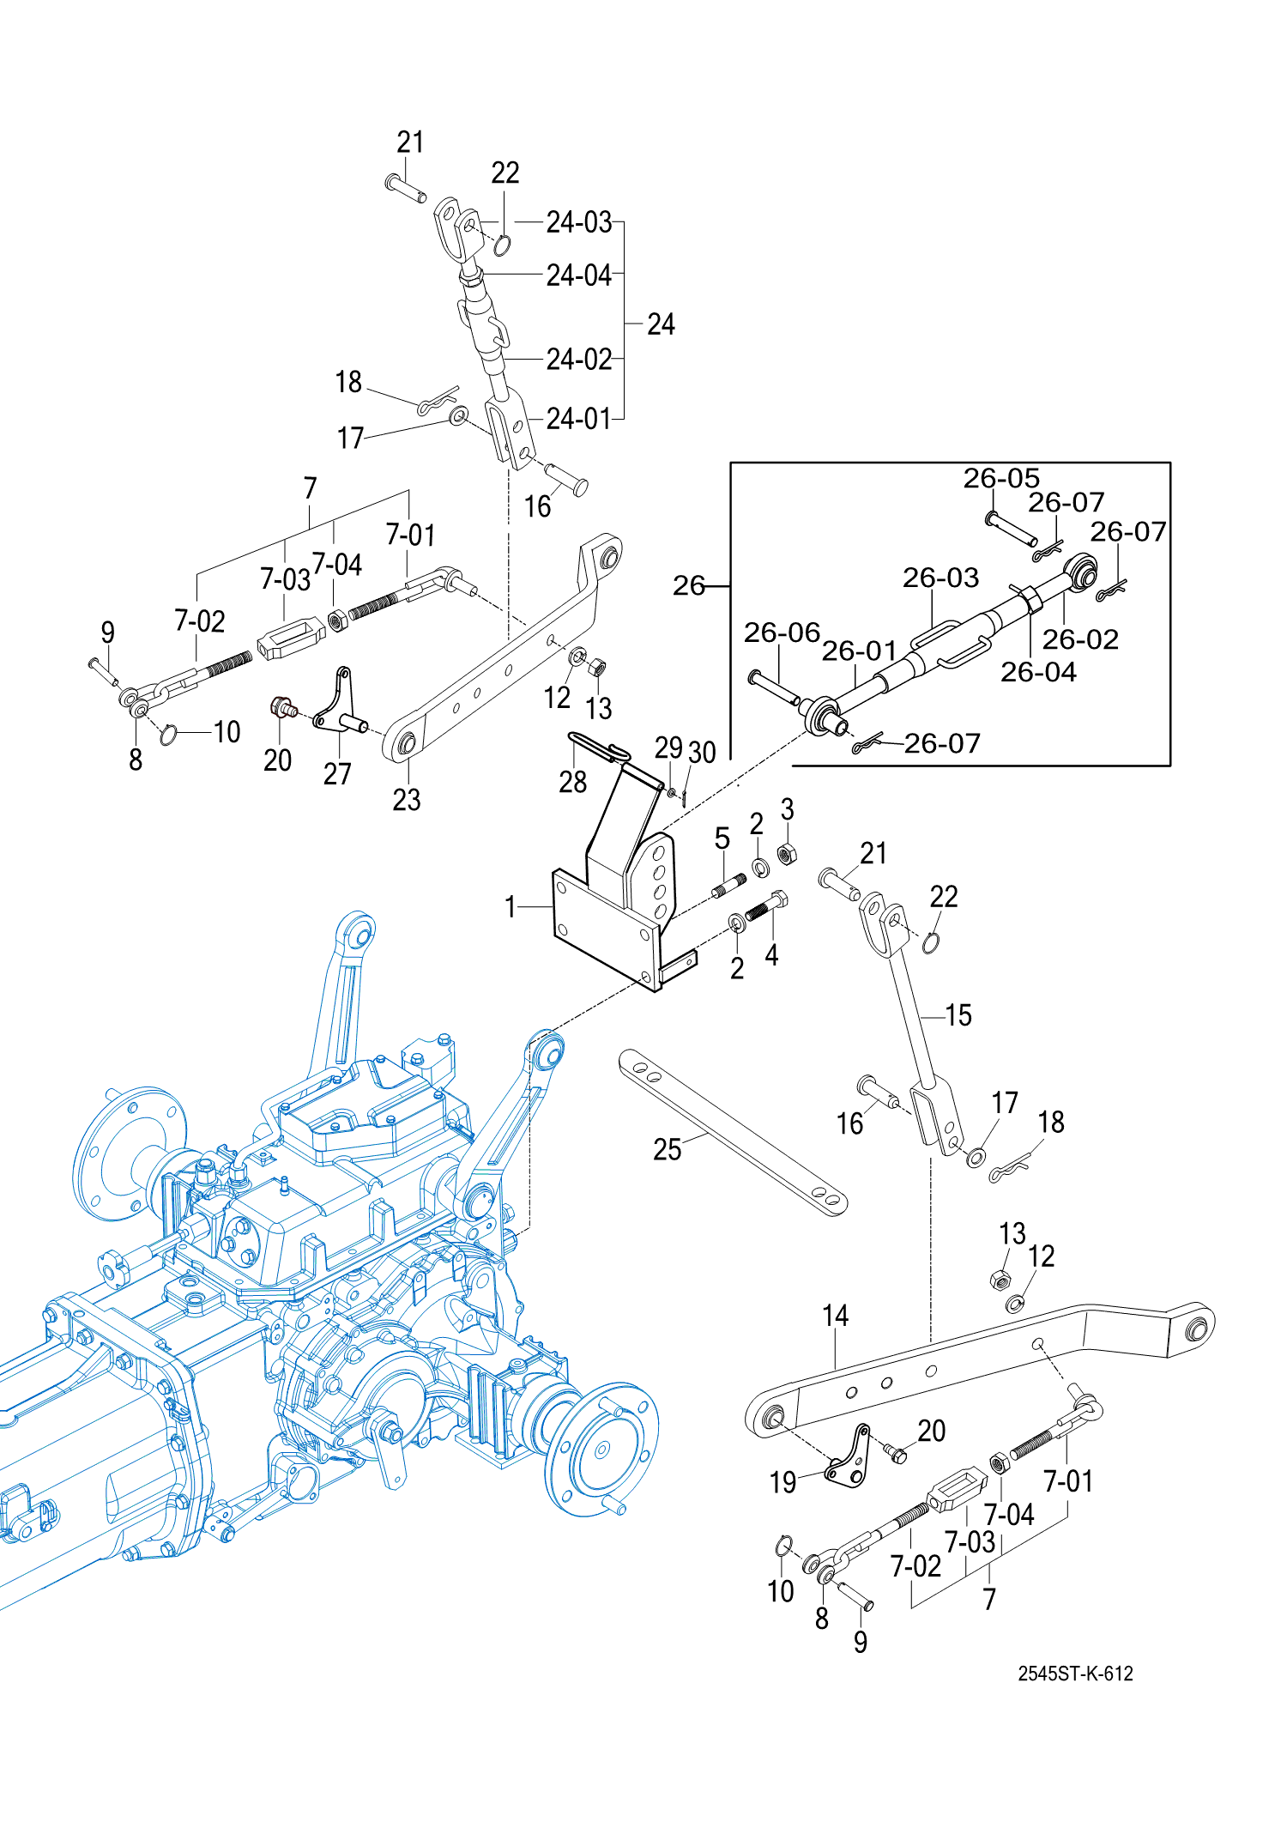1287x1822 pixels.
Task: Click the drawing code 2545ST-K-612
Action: pyautogui.click(x=1075, y=1674)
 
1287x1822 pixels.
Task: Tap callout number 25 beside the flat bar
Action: pyautogui.click(x=667, y=1149)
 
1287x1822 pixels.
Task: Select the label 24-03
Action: pyautogui.click(x=579, y=222)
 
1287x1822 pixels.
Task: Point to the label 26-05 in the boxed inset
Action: pyautogui.click(x=1000, y=478)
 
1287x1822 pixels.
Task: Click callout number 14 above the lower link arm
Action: pyautogui.click(x=835, y=1316)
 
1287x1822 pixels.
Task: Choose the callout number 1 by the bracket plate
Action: pyautogui.click(x=511, y=906)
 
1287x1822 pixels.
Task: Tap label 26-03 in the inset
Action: pyautogui.click(x=940, y=578)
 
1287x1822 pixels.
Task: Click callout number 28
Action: pyautogui.click(x=572, y=782)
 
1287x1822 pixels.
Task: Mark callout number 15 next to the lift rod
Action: pyautogui.click(x=958, y=1015)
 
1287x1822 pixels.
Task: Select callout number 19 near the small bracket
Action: pyautogui.click(x=782, y=1482)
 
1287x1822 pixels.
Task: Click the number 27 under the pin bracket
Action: pyautogui.click(x=337, y=774)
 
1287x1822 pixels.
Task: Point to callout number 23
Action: pyautogui.click(x=407, y=800)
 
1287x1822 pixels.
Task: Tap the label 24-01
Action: pyautogui.click(x=579, y=419)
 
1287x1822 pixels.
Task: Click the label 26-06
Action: pyautogui.click(x=782, y=633)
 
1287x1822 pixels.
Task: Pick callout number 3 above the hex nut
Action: pyautogui.click(x=787, y=809)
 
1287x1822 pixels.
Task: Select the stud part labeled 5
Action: pyautogui.click(x=730, y=884)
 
